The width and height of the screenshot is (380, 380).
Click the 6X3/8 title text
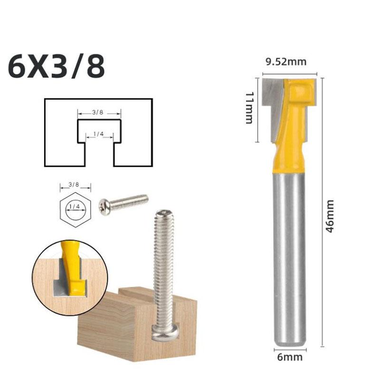[x=57, y=67]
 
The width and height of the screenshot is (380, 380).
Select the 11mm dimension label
[x=249, y=108]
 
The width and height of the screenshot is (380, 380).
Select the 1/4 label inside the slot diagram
[x=99, y=134]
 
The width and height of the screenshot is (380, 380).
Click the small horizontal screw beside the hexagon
[x=123, y=202]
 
